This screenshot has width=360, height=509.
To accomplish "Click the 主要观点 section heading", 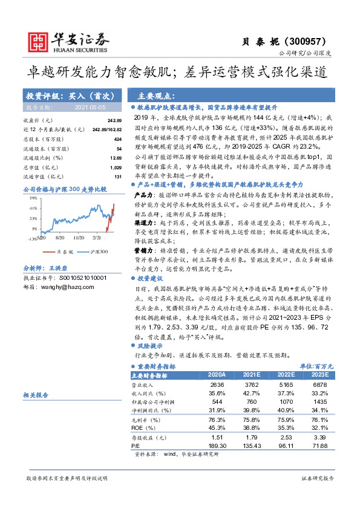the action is pyautogui.click(x=152, y=96).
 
